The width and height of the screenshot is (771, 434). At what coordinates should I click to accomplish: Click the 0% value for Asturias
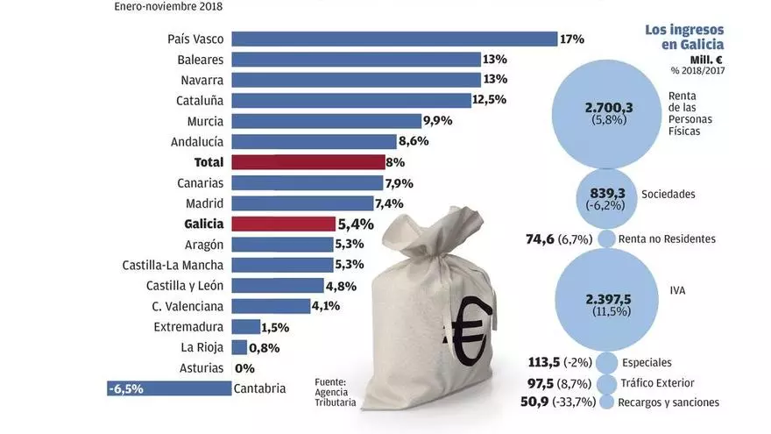point(244,368)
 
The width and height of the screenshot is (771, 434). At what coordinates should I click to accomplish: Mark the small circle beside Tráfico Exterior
point(606,383)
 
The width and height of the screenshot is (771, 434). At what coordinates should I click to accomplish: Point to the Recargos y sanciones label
point(668,402)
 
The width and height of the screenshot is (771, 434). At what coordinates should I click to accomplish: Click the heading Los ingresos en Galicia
point(683,38)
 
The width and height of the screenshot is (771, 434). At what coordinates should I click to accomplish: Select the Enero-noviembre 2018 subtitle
point(168,7)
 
